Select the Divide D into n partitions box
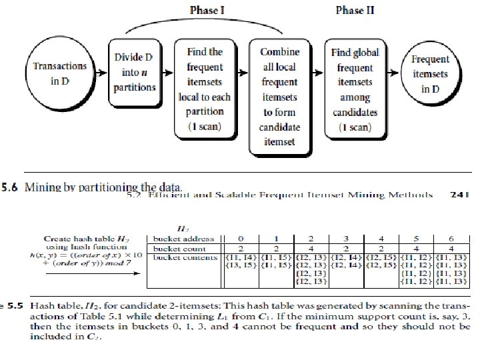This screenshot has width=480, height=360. [135, 73]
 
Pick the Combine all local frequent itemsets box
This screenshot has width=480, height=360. [281, 97]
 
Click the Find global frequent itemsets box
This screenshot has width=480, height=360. [355, 87]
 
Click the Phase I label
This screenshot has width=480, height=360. [208, 10]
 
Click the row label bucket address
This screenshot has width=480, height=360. [185, 239]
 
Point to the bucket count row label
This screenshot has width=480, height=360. [181, 248]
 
